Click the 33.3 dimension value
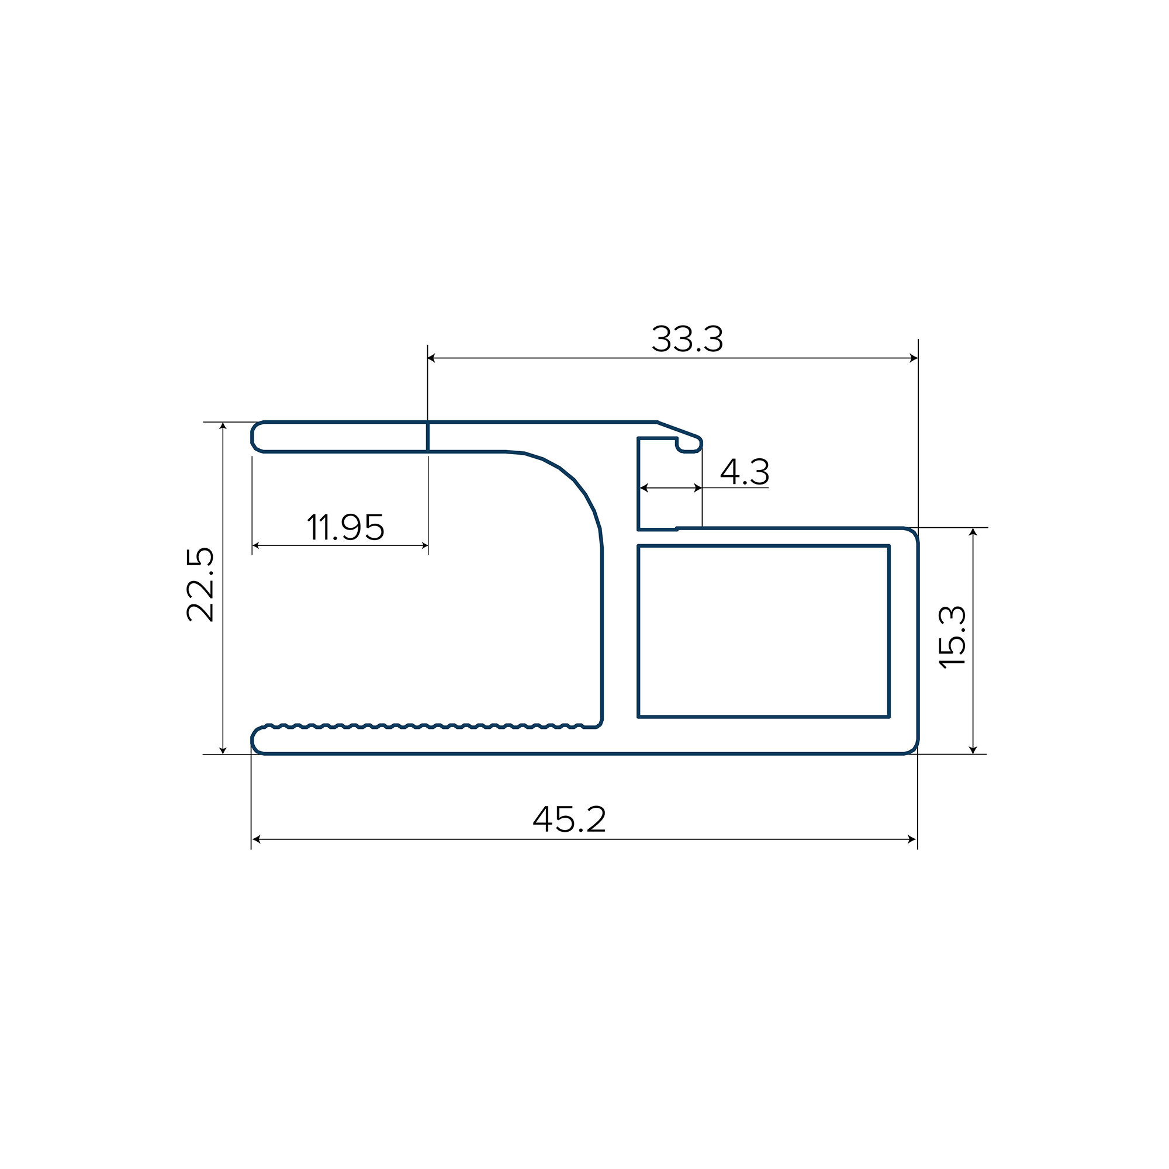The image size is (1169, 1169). tap(687, 339)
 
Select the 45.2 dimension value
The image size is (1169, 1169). tap(569, 819)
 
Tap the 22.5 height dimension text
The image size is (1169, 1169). tap(200, 584)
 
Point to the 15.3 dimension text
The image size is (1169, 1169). tap(952, 637)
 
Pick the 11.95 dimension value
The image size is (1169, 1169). tap(345, 527)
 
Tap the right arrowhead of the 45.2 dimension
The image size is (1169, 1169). tap(912, 839)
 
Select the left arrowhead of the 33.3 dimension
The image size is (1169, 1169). tap(432, 358)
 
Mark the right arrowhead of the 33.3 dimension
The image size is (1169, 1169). tap(914, 358)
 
